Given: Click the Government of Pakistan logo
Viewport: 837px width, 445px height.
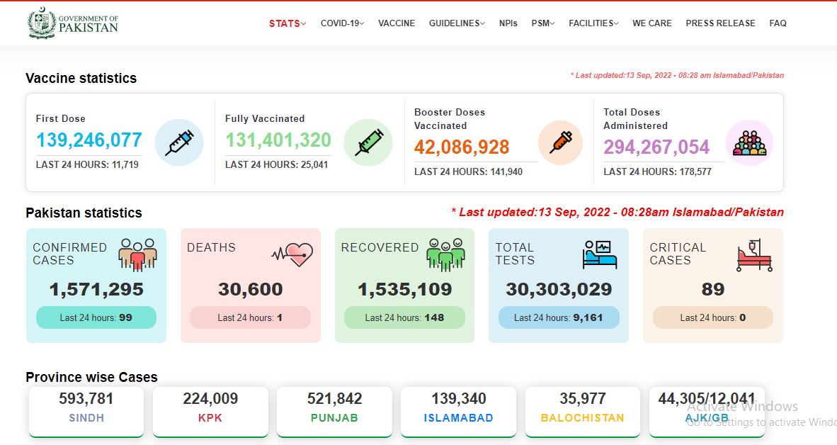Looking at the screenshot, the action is pos(73,23).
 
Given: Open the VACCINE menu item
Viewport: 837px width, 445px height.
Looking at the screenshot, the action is pos(397,23).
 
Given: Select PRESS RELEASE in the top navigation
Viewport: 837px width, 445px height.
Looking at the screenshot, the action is pos(720,23).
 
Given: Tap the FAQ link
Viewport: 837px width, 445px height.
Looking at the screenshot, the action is pos(778,23).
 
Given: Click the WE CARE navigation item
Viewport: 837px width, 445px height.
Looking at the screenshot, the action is pos(651,23).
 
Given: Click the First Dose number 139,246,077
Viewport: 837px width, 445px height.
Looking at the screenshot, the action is pos(89,140).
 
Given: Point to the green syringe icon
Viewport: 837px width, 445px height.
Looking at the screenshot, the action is pos(368,142).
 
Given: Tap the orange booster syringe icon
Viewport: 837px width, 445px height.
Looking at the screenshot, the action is pos(561,142).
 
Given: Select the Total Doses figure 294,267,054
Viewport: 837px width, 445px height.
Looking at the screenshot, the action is pos(656,147).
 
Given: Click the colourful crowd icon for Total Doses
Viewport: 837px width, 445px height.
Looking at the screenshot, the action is pos(749,142).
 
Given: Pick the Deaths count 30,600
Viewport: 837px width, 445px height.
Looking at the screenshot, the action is pos(251,289).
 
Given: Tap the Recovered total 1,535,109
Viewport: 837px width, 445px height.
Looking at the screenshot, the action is pos(404,289).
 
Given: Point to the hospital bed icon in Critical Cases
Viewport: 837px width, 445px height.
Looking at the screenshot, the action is pos(754,255).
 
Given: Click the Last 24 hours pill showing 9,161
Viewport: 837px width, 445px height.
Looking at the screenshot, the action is pos(559,318).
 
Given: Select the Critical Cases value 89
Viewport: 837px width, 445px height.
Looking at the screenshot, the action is pos(712,289).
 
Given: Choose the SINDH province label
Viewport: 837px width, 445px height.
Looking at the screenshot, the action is pos(86,418).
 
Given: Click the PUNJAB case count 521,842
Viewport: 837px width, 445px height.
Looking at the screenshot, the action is pos(335,398).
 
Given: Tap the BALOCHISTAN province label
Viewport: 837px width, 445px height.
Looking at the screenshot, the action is pos(582,418).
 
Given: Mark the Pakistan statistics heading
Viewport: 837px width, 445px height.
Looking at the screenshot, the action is pos(84,213).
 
